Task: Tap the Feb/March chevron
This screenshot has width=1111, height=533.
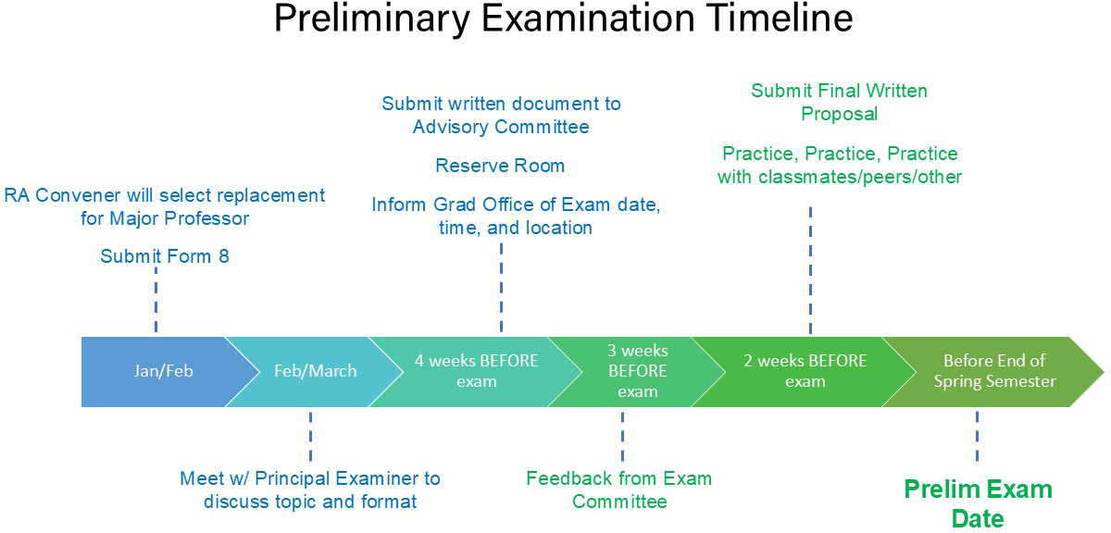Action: pos(315,371)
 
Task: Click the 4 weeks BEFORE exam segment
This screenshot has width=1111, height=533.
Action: pos(477,371)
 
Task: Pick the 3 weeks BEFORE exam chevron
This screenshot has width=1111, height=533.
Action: pos(637,371)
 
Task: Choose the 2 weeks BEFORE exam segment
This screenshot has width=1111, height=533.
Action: pos(805,371)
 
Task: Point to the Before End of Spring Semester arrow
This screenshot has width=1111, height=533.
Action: pos(994,371)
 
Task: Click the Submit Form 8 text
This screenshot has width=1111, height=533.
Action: pos(165,256)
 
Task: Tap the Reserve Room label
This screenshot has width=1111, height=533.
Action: pos(500,167)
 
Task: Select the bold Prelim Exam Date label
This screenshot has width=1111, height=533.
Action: pos(978,503)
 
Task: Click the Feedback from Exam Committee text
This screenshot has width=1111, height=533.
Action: pos(619,490)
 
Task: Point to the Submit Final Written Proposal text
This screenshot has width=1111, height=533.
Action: pos(839,103)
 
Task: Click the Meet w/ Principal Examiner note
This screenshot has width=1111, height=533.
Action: pos(310,490)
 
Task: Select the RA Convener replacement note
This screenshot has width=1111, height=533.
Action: pos(165,207)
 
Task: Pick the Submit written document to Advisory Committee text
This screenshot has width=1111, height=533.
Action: pos(501,115)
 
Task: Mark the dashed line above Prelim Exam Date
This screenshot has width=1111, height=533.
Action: pos(977,436)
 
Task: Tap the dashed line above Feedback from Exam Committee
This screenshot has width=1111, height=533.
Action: pos(622,436)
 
